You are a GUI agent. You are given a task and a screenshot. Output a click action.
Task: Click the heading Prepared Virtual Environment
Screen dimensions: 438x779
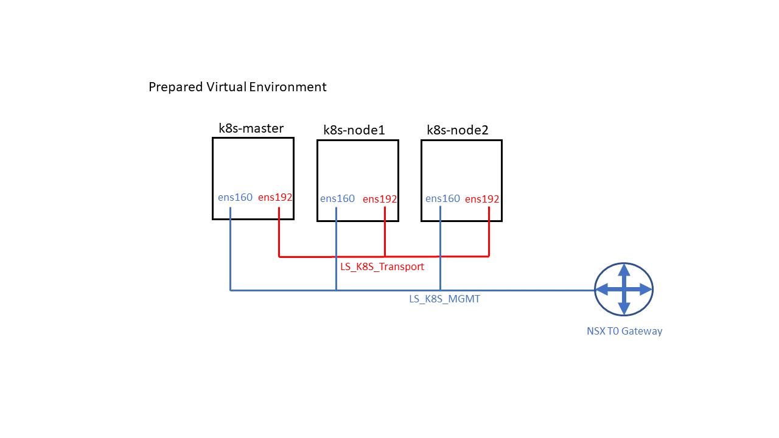pos(237,87)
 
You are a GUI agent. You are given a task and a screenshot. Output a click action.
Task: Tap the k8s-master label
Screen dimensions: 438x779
pos(251,128)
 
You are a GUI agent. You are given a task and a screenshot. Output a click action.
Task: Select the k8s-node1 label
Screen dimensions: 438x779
pos(354,130)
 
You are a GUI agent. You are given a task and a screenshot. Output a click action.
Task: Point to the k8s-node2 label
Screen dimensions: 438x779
pos(458,130)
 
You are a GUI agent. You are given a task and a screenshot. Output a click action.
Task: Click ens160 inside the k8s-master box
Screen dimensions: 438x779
pos(235,197)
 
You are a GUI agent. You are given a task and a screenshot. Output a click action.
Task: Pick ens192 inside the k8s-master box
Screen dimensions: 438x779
pos(275,197)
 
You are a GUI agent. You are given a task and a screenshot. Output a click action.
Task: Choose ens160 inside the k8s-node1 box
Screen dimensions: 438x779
pos(337,199)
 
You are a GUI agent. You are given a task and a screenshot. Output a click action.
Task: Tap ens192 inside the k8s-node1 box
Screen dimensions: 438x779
pos(380,199)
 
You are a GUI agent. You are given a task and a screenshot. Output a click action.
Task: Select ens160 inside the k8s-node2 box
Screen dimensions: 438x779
pos(442,198)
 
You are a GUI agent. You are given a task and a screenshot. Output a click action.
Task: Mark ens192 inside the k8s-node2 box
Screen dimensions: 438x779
pos(482,199)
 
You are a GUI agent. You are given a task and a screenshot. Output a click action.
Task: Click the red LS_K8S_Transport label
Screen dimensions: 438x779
pos(382,266)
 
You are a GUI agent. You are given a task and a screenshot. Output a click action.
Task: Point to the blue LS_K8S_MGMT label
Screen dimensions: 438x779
pos(444,299)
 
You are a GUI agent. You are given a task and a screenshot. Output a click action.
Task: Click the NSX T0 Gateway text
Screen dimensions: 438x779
pos(624,332)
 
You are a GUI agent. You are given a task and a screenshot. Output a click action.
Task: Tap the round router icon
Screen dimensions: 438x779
pos(624,290)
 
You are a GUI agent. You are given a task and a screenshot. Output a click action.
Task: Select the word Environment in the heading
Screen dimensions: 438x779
pos(288,87)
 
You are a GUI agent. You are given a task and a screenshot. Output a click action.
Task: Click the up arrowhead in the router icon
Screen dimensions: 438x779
pos(624,269)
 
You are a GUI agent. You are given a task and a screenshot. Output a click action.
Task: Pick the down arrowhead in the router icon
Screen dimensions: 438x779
pos(624,310)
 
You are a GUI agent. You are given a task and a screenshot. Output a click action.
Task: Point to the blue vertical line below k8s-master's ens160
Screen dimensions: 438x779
pos(230,249)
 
